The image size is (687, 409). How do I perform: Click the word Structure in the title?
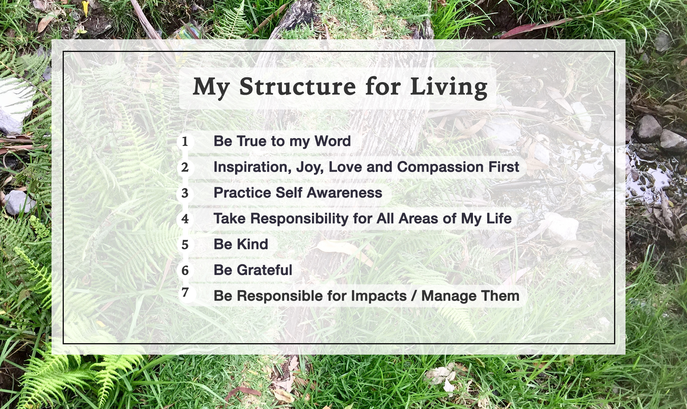click(297, 86)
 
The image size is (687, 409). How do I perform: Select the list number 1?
click(185, 141)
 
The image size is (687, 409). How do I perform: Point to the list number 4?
click(185, 219)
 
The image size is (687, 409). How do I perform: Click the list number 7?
click(185, 292)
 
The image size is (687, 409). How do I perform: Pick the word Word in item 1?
click(333, 141)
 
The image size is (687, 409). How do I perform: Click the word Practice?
click(242, 193)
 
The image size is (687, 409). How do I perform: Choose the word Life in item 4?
click(499, 219)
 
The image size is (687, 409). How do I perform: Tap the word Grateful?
click(264, 270)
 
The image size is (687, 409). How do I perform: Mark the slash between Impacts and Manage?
click(414, 296)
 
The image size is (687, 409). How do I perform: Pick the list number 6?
click(185, 271)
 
